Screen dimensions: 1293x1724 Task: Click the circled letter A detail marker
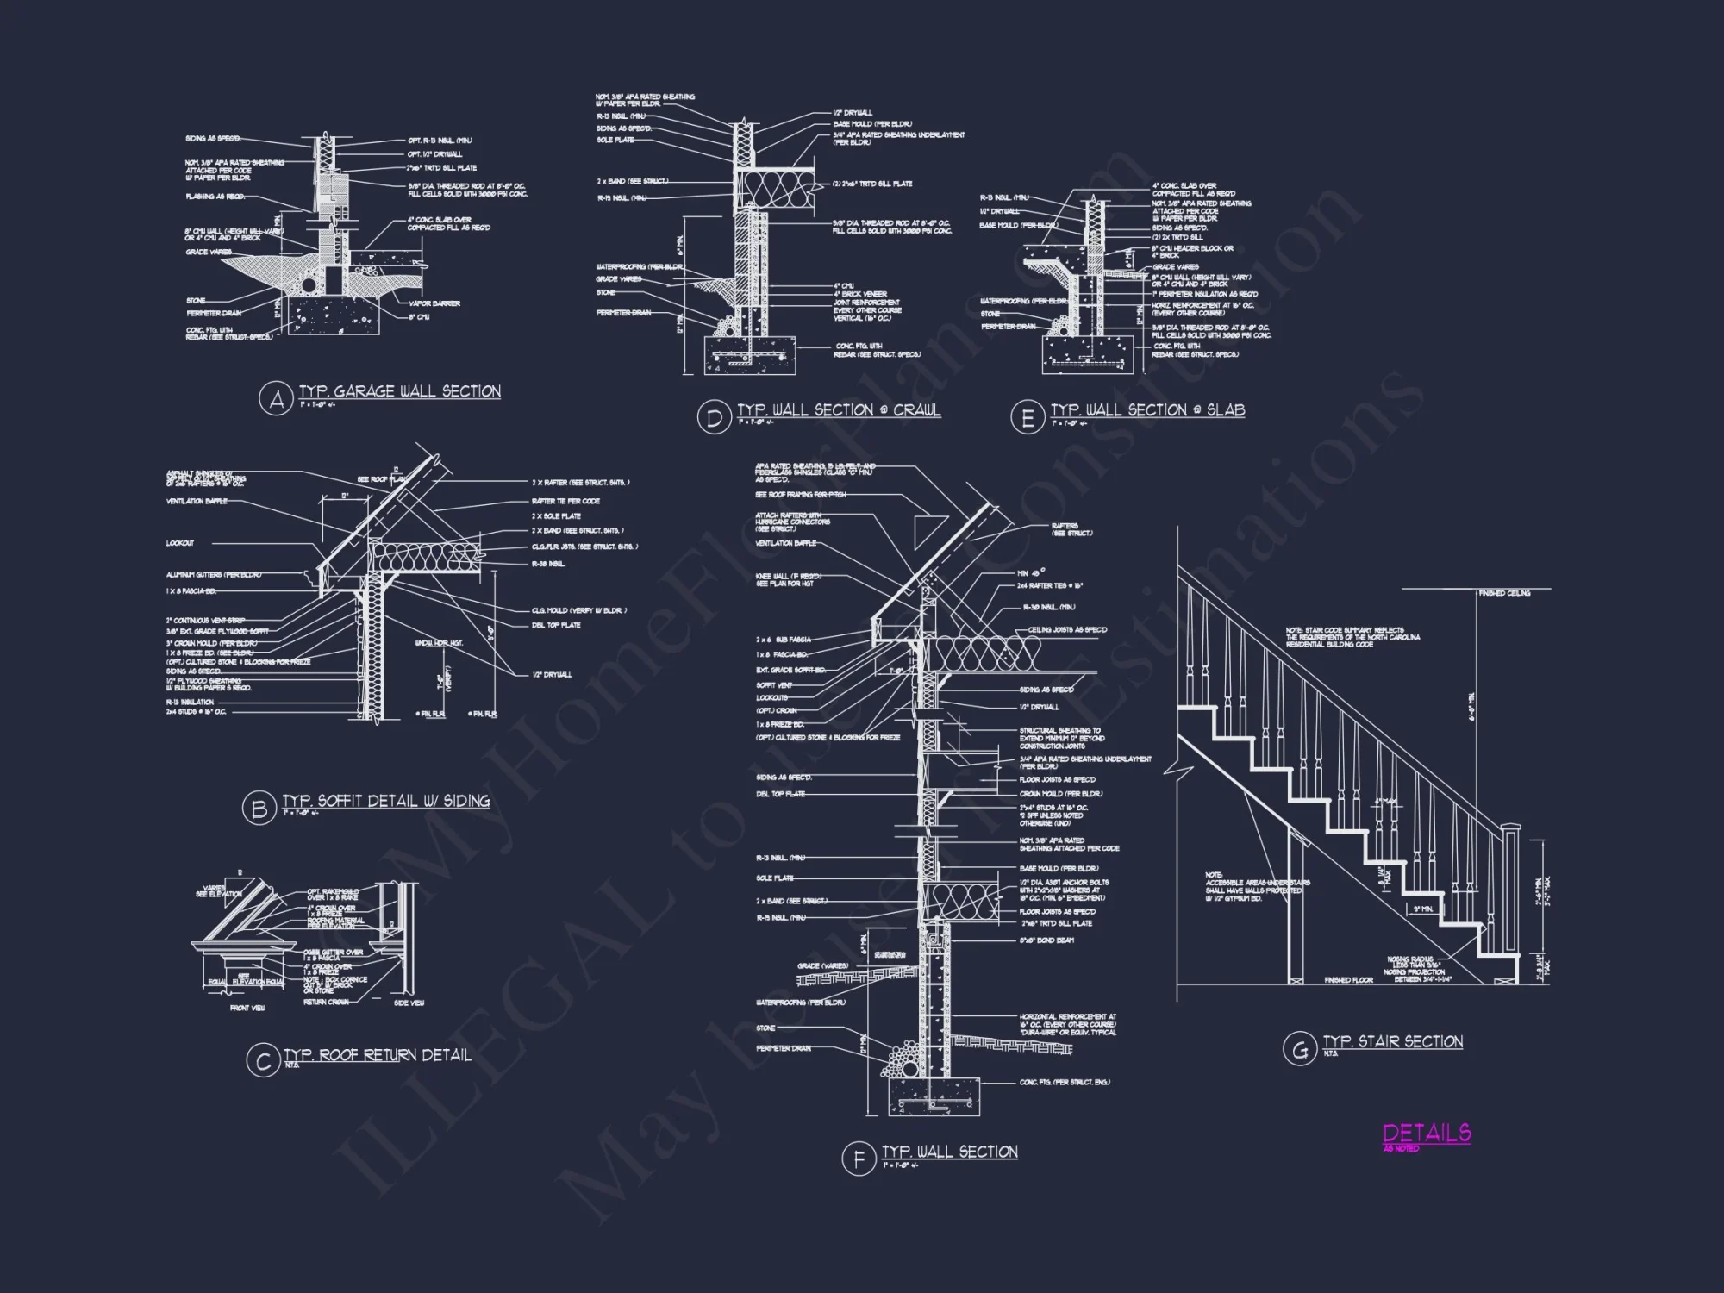277,399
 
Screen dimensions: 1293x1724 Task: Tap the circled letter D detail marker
714,418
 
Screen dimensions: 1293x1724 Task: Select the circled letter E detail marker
1028,418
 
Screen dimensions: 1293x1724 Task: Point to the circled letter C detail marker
263,1061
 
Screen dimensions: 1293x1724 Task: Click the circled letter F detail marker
859,1159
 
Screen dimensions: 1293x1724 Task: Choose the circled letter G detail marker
1298,1049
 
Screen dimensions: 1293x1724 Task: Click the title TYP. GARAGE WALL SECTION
400,392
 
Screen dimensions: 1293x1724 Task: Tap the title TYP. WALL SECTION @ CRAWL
839,411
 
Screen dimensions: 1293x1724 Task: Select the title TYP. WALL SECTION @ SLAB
1147,411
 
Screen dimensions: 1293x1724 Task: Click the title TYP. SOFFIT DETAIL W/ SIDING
386,802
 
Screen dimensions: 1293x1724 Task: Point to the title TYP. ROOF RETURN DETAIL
378,1055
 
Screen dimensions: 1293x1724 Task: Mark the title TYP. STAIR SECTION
1393,1042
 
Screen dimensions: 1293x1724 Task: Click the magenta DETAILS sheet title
1427,1133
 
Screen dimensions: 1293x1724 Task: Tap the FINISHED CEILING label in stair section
1504,594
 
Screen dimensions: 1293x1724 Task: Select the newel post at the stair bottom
1510,905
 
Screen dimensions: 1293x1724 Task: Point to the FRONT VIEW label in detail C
247,1008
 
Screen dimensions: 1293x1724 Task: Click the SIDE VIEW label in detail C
409,1003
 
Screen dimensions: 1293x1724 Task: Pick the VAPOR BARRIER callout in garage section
441,303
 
